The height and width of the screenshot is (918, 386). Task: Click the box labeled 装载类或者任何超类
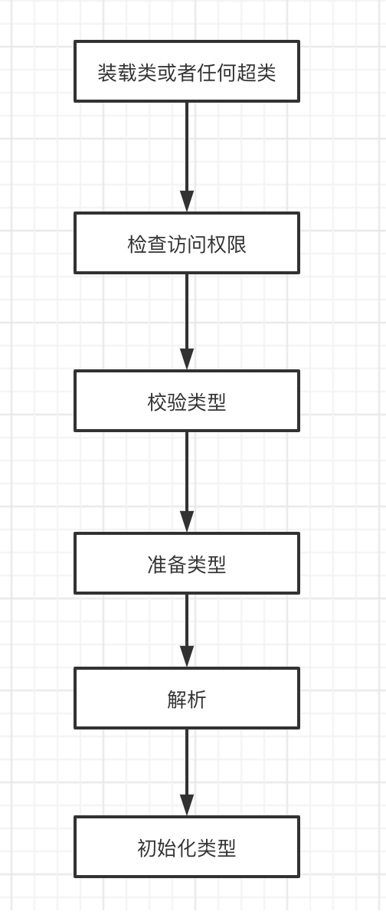(187, 71)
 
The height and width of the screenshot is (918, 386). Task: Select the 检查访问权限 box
(187, 243)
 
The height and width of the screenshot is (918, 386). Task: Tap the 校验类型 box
(187, 401)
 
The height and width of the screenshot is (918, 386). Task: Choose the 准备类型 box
(187, 563)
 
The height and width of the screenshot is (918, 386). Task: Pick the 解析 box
(187, 698)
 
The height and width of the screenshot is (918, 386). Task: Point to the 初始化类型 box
(187, 848)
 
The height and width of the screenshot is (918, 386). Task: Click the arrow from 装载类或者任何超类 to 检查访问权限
(187, 157)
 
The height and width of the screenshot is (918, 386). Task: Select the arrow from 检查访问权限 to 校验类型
(187, 321)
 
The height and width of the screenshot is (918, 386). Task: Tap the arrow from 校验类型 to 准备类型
(187, 482)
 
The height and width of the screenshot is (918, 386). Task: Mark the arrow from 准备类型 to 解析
(187, 631)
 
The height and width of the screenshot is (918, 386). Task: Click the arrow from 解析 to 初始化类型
(187, 772)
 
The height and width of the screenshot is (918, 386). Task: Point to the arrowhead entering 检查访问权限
(187, 202)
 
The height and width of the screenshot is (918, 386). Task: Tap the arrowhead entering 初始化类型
(187, 805)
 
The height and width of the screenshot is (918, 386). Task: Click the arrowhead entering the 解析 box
(187, 656)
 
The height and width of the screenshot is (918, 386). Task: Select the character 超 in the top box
(246, 74)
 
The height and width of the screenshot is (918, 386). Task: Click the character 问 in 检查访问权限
(197, 244)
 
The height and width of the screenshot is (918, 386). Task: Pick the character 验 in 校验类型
(177, 402)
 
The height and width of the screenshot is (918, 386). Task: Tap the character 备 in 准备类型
(177, 565)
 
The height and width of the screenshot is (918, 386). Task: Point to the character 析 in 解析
(197, 700)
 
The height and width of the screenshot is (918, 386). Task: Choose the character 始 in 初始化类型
(167, 848)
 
